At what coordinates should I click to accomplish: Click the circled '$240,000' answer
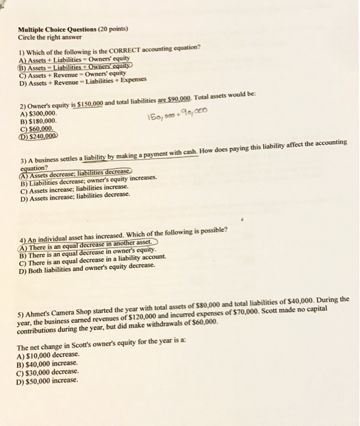click(41, 137)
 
